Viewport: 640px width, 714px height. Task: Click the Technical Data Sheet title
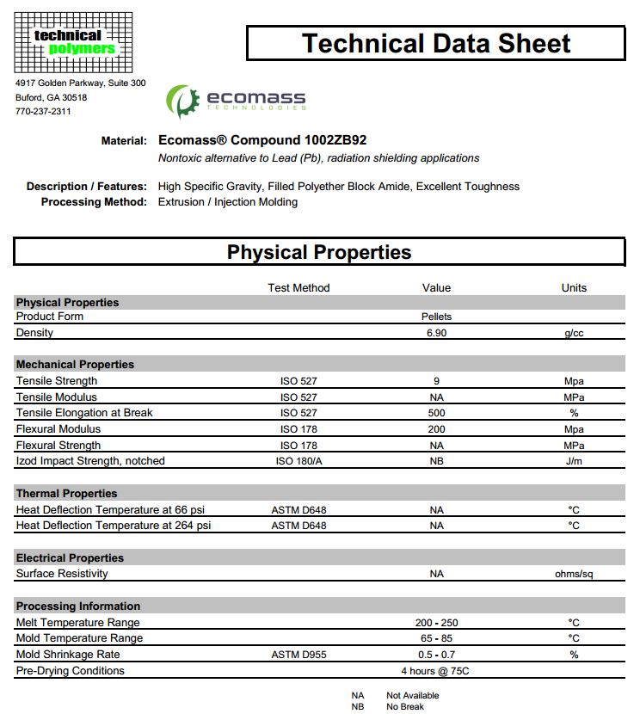436,43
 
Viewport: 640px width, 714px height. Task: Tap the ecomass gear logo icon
182,101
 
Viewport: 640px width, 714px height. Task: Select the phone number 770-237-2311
43,111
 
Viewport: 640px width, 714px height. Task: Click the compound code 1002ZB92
342,139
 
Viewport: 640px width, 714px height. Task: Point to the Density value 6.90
436,333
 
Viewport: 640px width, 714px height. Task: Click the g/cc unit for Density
574,333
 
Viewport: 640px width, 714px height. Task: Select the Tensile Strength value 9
436,381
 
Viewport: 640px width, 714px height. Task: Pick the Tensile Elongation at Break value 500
436,413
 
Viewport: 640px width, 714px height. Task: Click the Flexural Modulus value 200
436,429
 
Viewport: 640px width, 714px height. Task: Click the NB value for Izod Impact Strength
436,461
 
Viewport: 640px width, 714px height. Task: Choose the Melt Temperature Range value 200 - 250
436,623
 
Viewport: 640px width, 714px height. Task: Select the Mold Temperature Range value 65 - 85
436,638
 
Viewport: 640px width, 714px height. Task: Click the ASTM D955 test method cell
298,655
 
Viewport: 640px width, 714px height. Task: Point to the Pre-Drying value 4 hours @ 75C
436,671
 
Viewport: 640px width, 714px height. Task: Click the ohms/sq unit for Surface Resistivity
574,574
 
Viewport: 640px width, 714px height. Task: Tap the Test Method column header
298,288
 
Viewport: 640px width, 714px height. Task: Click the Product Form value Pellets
436,317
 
